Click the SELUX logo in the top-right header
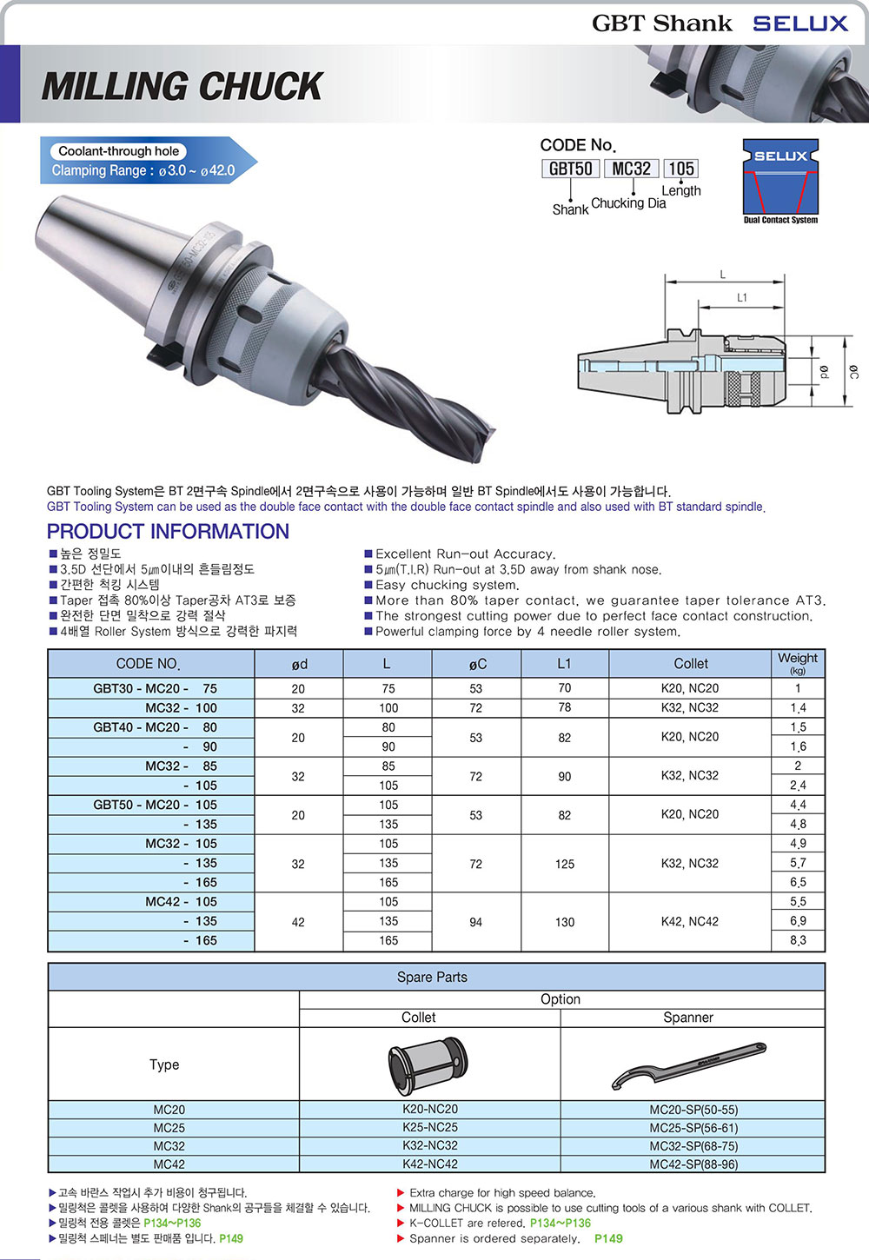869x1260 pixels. [800, 23]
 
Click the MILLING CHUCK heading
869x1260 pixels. [182, 86]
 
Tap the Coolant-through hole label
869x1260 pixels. [119, 151]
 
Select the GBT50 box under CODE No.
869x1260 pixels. [570, 169]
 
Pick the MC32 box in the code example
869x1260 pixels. [631, 169]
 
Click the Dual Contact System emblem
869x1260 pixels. [780, 182]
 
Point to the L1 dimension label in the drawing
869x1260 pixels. [742, 297]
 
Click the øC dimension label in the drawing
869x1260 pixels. [854, 372]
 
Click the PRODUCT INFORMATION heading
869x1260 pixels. [168, 531]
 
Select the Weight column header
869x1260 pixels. [798, 663]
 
